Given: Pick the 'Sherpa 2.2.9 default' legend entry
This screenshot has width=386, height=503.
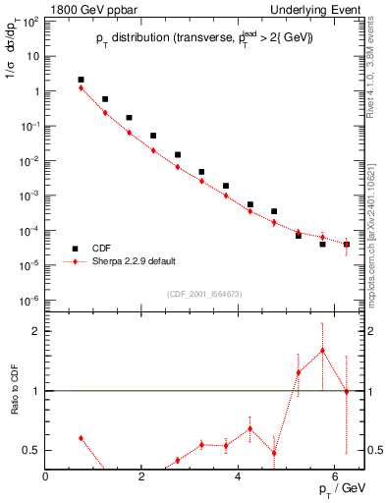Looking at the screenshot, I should coord(138,262).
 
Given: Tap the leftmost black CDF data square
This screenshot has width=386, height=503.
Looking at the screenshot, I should coord(81,80).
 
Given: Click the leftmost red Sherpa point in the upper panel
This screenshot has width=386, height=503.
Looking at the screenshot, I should coord(81,88).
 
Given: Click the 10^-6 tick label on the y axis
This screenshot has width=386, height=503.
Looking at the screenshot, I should coord(29,300).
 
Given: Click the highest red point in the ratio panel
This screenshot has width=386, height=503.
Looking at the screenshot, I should coord(322,351).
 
